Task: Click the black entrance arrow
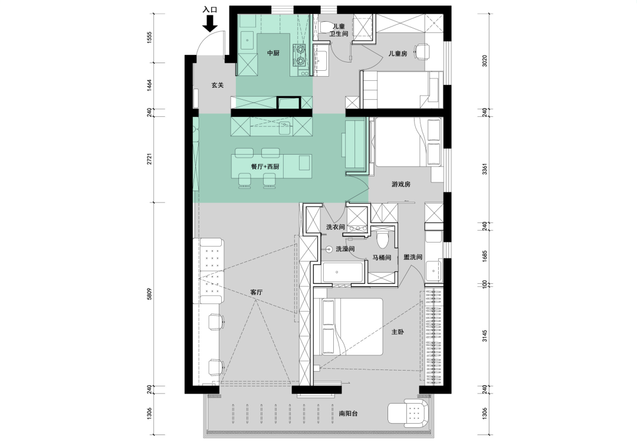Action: tap(209, 24)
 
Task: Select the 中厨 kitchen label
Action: tap(273, 53)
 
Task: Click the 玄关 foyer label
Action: tap(217, 86)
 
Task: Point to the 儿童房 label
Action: tap(398, 53)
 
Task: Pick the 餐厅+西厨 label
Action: tap(265, 167)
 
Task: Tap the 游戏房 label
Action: tap(401, 184)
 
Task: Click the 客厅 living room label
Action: tap(257, 292)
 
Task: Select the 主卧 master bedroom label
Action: tap(398, 332)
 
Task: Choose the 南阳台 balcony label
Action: tap(348, 414)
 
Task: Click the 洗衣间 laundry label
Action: tap(336, 227)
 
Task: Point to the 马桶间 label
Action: tap(382, 258)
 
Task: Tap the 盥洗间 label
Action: tap(413, 257)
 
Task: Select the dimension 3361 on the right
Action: tap(484, 169)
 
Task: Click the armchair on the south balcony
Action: tap(408, 411)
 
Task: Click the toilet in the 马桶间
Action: tap(382, 240)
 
